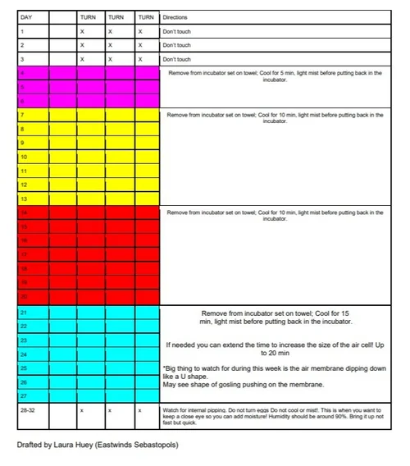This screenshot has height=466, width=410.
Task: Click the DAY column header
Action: (x=25, y=16)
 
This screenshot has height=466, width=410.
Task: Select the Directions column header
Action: (x=175, y=16)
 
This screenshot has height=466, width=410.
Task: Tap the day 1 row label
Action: (x=22, y=31)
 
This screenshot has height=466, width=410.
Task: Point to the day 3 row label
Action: (x=22, y=59)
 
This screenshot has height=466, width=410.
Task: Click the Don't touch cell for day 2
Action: (x=176, y=45)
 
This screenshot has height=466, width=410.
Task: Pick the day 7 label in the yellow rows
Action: (x=22, y=116)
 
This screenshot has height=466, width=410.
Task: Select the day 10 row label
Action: (x=24, y=156)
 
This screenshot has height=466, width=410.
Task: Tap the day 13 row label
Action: (x=24, y=199)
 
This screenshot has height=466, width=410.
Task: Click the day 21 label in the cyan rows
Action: (x=24, y=313)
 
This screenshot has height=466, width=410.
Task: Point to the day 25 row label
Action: (x=24, y=368)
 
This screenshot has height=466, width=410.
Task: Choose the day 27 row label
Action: (x=24, y=396)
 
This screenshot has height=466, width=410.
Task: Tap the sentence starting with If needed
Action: (x=275, y=349)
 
